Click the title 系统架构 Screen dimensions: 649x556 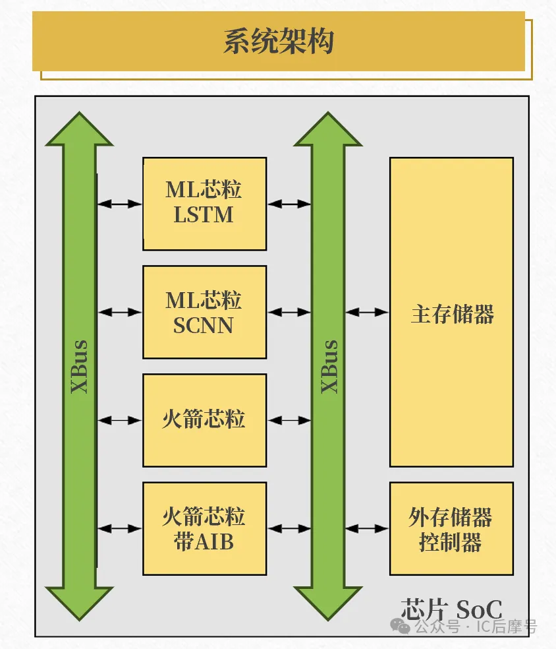[278, 42]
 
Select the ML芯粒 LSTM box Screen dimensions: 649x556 [204, 203]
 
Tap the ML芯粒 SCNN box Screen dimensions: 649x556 [204, 312]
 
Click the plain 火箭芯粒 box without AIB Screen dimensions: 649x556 [204, 420]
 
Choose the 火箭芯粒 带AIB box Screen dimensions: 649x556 [204, 528]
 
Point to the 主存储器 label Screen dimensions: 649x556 [452, 314]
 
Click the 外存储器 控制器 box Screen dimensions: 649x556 [451, 528]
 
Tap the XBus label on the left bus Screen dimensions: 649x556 [80, 367]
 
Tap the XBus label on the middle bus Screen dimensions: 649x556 [329, 367]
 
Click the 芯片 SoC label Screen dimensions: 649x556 [451, 608]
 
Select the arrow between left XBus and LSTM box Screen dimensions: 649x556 [120, 204]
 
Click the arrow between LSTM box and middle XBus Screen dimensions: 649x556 [289, 204]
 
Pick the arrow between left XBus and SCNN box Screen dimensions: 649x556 [120, 312]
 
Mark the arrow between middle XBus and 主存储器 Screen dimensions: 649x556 [367, 312]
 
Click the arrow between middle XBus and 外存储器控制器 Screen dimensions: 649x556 [367, 528]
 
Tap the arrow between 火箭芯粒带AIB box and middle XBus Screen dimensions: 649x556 [289, 528]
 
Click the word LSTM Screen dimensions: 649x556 [204, 215]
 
